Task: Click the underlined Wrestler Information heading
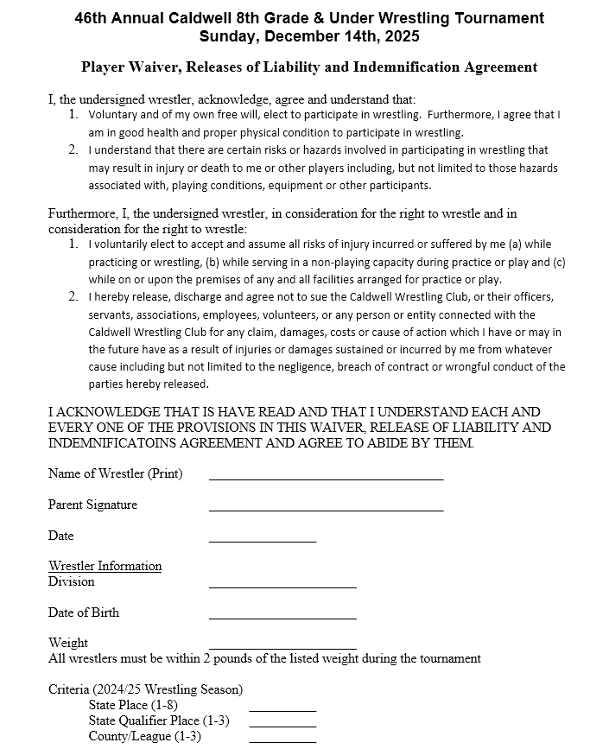tap(105, 566)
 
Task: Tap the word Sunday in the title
tap(227, 36)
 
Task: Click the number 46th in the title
tap(93, 18)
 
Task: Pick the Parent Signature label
tap(92, 505)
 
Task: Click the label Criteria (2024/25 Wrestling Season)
tap(145, 689)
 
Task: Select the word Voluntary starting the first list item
tap(117, 114)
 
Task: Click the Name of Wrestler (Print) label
tap(115, 473)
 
